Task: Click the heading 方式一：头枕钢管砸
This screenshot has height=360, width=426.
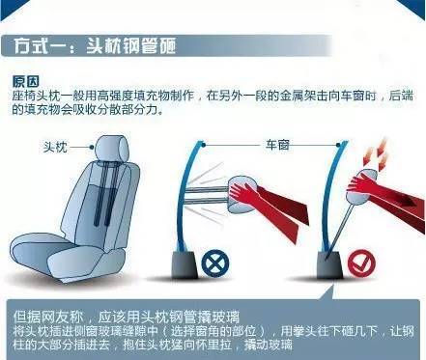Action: click(95, 45)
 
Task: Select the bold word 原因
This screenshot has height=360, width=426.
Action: click(26, 81)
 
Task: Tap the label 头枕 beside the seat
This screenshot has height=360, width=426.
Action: click(56, 147)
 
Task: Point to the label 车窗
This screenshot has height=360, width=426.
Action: click(277, 145)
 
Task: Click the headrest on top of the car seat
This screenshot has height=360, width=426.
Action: click(113, 149)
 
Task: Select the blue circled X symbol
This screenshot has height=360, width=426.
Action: click(215, 263)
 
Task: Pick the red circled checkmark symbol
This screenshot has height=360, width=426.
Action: click(361, 263)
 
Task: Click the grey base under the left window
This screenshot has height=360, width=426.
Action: click(185, 264)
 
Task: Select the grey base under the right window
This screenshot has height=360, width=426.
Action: click(329, 264)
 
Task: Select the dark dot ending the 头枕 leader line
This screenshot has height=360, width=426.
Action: click(92, 147)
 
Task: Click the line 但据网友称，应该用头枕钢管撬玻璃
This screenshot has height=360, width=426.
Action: click(127, 317)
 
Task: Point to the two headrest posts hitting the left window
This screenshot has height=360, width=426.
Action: click(207, 196)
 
